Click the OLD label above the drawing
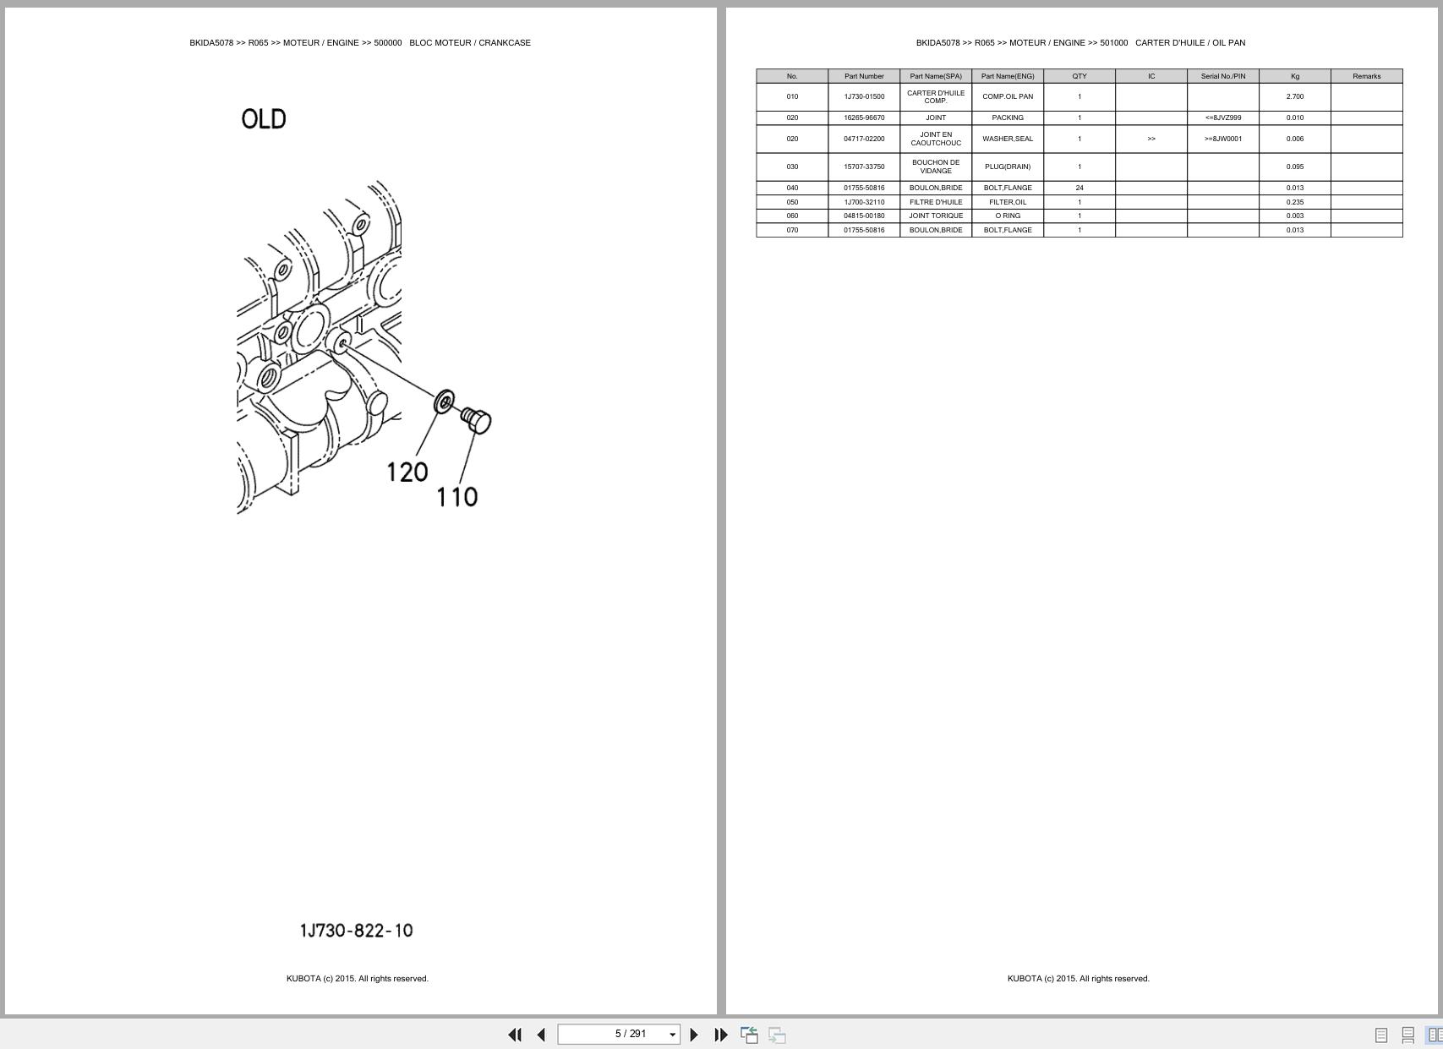264,119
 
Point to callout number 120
407,472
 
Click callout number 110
456,497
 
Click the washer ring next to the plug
444,402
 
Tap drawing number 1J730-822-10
356,931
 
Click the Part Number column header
864,76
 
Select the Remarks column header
1366,76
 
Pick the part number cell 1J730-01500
864,96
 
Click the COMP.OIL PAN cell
1008,96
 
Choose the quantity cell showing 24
1080,188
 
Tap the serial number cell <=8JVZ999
1222,117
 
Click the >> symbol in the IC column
1151,139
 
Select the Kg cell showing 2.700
1294,96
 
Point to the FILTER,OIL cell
1008,202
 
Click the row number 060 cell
792,216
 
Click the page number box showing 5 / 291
619,1034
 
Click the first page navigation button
514,1035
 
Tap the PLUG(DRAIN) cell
1008,167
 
